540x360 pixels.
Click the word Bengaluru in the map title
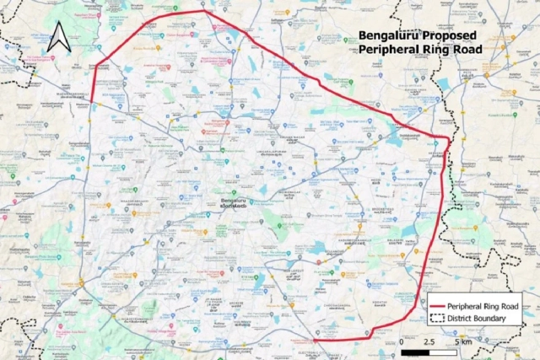[x=386, y=36]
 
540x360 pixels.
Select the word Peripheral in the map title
[x=391, y=50]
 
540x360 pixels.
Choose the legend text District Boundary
[x=478, y=318]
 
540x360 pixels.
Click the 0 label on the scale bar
[x=402, y=341]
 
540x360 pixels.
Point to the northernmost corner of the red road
[x=205, y=12]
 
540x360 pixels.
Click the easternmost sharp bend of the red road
[x=449, y=137]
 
